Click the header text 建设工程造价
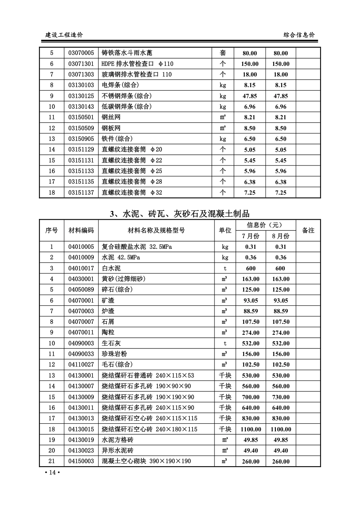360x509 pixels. point(64,35)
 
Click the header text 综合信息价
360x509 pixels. point(299,35)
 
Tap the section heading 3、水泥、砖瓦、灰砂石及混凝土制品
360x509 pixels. point(180,214)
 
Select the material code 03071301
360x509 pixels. point(81,64)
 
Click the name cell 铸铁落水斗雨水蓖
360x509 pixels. point(127,53)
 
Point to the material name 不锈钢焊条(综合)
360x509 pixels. point(127,96)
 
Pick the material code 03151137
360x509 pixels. point(81,192)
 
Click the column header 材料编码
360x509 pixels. point(81,230)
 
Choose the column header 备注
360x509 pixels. point(308,230)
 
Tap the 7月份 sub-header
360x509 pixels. point(250,236)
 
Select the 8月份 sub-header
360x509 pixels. point(281,236)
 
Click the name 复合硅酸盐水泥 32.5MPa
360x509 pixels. point(137,247)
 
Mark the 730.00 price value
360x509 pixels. point(281,397)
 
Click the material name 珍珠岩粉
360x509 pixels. point(114,354)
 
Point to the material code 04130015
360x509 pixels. point(81,429)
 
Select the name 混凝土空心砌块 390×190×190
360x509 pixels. point(146,461)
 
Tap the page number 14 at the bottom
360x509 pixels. point(52,472)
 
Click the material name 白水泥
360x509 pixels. point(111,268)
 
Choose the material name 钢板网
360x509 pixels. point(111,128)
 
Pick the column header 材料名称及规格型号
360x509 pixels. point(156,230)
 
